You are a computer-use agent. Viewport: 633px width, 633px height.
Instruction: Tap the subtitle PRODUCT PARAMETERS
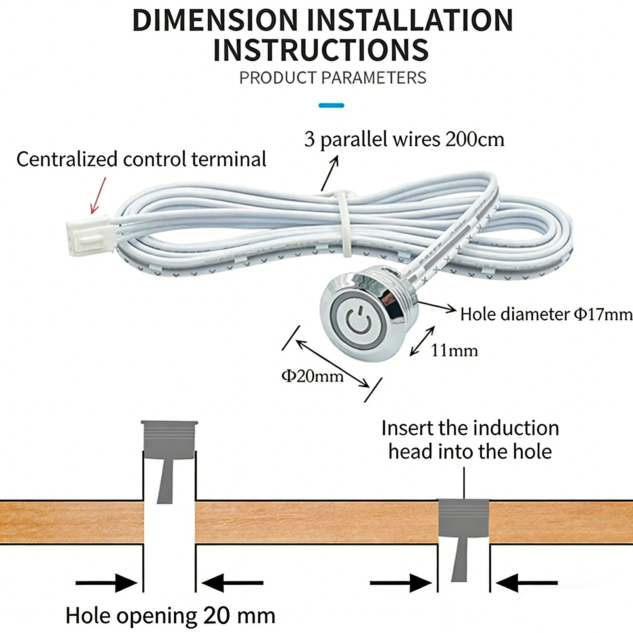pyautogui.click(x=333, y=78)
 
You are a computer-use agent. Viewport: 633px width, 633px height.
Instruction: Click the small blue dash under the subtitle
pyautogui.click(x=331, y=105)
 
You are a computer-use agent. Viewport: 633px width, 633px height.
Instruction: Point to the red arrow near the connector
pyautogui.click(x=98, y=195)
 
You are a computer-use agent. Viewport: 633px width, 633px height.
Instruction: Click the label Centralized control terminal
pyautogui.click(x=141, y=159)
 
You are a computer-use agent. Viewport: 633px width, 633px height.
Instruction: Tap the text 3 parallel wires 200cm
pyautogui.click(x=404, y=139)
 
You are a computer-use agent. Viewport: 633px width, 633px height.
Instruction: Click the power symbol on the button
pyautogui.click(x=358, y=319)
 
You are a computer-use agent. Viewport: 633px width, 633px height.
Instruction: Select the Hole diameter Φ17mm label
pyautogui.click(x=546, y=315)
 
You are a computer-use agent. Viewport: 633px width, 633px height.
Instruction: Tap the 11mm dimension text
pyautogui.click(x=454, y=351)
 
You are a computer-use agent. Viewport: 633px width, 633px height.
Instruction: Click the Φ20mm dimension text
pyautogui.click(x=313, y=376)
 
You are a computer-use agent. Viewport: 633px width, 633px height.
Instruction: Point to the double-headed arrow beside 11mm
pyautogui.click(x=422, y=341)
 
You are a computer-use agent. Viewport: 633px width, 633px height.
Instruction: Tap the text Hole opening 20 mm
pyautogui.click(x=171, y=616)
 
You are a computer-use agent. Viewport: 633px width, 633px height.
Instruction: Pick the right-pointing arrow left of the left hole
pyautogui.click(x=106, y=583)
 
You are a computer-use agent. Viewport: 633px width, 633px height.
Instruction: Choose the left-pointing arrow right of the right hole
pyautogui.click(x=527, y=583)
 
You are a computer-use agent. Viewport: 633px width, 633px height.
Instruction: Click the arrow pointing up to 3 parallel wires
pyautogui.click(x=330, y=173)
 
